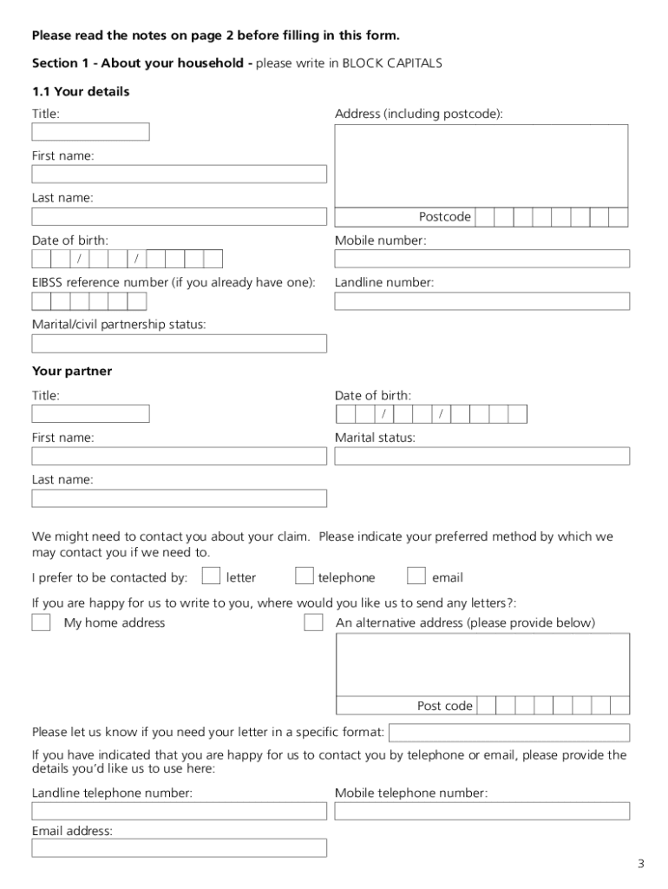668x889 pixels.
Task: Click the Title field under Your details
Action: [x=90, y=132]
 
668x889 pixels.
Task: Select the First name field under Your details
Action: [x=179, y=175]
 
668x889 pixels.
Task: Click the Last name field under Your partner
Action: [x=179, y=498]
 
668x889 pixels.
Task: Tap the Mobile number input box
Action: [x=481, y=259]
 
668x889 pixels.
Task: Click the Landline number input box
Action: [x=481, y=301]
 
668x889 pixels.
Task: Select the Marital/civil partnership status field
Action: [x=179, y=344]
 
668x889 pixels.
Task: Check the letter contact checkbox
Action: [x=211, y=576]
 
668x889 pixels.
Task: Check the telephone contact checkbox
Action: [x=304, y=576]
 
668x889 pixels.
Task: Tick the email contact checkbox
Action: [x=416, y=576]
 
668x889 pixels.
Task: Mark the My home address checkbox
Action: [x=41, y=622]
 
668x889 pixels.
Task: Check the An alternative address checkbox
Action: [x=313, y=622]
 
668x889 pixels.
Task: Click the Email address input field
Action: [x=179, y=848]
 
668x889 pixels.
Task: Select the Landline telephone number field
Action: [x=179, y=811]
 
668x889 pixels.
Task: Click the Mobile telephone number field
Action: [x=481, y=811]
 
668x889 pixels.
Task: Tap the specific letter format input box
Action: [x=508, y=733]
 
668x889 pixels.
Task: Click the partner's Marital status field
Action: [x=481, y=456]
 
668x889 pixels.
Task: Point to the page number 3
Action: [x=640, y=864]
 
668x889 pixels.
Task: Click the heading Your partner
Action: [x=72, y=372]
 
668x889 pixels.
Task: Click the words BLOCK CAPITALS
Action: [x=392, y=63]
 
